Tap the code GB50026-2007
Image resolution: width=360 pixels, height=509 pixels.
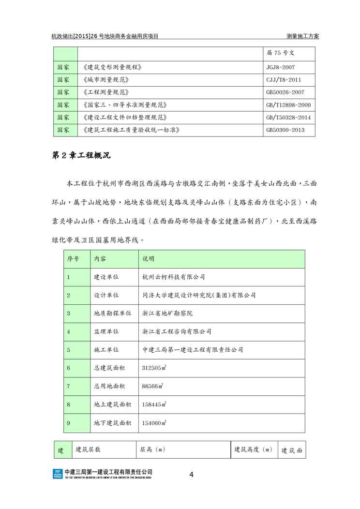284,92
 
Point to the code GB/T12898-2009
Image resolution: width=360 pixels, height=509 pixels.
288,105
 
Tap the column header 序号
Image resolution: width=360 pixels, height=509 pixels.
73,259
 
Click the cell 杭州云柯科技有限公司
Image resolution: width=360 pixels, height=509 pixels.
174,277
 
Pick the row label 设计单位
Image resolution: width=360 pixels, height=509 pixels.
106,295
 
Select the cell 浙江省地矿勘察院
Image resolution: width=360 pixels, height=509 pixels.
167,314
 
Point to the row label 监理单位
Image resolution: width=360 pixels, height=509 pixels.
106,331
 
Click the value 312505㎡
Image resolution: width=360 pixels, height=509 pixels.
154,368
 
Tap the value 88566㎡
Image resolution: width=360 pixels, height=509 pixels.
152,386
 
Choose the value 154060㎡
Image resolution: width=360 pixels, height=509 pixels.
154,423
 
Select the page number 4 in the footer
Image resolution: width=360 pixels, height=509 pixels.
191,475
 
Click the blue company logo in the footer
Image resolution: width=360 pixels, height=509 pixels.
57,474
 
